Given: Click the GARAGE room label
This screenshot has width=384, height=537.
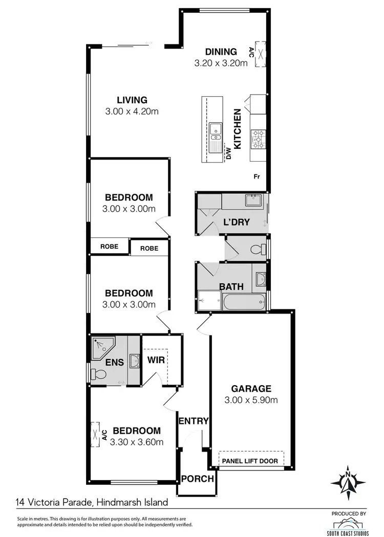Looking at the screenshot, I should tap(250, 388).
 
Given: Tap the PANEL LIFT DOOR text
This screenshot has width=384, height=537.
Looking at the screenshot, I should tap(250, 461).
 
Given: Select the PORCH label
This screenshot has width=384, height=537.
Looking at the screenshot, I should tap(197, 479).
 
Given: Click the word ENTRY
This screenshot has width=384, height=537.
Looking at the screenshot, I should tap(194, 421).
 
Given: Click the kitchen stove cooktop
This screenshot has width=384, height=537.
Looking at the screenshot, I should tap(258, 138).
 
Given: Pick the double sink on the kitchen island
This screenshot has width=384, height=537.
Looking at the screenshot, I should tap(215, 131).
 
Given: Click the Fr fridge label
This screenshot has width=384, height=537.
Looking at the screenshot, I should tap(257, 176).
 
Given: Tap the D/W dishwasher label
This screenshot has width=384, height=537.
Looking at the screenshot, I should tap(228, 153).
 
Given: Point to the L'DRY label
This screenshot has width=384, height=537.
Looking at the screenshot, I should tap(236, 222).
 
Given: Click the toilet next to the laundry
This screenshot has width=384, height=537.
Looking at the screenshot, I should tap(259, 250).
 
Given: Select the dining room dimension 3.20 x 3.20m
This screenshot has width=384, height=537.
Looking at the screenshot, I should tap(221, 63).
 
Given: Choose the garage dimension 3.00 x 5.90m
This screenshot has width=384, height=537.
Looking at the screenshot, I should tap(251, 400).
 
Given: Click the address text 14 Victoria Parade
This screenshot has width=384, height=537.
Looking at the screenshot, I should tap(53, 502).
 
